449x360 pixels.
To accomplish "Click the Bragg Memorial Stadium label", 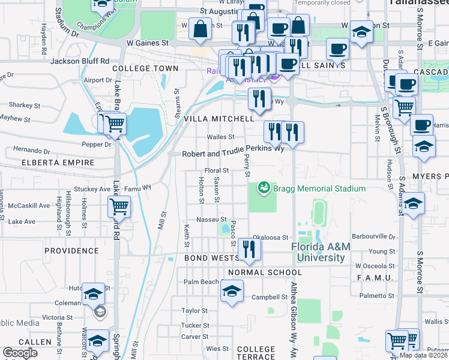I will tap(319, 189).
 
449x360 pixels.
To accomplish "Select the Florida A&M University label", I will tap(318, 253).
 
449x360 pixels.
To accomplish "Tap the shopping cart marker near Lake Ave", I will tap(119, 208).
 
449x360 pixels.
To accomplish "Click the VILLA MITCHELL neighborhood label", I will tap(218, 119).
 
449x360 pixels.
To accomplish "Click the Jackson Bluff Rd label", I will tap(80, 61).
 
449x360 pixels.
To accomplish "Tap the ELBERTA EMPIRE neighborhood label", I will tap(58, 163).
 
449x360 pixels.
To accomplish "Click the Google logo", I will tap(20, 353).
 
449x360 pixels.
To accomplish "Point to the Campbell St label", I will tap(270, 297).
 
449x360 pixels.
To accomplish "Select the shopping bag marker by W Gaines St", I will tap(200, 29).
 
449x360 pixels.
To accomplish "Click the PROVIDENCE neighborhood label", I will tap(71, 250).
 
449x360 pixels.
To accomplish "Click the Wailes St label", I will tap(220, 137).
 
